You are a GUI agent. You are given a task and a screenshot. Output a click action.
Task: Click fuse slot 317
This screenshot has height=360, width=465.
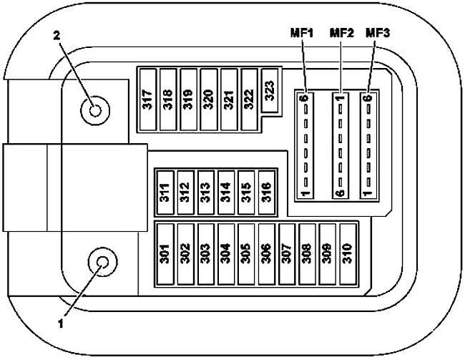pyautogui.click(x=147, y=99)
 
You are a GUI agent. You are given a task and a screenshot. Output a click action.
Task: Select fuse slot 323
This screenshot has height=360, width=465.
pyautogui.click(x=270, y=90)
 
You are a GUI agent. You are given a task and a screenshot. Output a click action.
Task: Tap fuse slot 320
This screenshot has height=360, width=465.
pyautogui.click(x=209, y=99)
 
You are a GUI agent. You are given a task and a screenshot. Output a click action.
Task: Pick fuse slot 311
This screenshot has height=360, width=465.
pyautogui.click(x=165, y=192)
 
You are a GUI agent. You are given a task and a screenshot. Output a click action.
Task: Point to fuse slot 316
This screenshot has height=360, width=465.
pyautogui.click(x=267, y=192)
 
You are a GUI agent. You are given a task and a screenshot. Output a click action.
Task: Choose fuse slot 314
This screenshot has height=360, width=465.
pyautogui.click(x=226, y=192)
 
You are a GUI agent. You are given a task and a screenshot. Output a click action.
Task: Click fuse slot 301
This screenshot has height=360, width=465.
pyautogui.click(x=165, y=254)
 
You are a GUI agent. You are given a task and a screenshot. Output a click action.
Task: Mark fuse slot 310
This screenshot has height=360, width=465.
pyautogui.click(x=348, y=254)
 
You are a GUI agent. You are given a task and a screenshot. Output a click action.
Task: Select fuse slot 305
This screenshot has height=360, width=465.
pyautogui.click(x=246, y=254)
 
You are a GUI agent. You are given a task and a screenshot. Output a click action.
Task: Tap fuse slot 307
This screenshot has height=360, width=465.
pyautogui.click(x=287, y=254)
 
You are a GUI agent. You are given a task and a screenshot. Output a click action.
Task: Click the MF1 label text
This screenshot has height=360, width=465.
pyautogui.click(x=302, y=33)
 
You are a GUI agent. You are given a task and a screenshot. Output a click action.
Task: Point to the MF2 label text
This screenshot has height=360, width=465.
pyautogui.click(x=342, y=33)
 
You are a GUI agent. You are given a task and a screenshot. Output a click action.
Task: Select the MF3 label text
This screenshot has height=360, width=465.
pyautogui.click(x=378, y=33)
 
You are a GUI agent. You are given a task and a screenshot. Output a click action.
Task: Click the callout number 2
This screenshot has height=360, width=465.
pyautogui.click(x=57, y=36)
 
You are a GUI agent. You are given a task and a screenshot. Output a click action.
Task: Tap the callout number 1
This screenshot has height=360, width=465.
pyautogui.click(x=61, y=323)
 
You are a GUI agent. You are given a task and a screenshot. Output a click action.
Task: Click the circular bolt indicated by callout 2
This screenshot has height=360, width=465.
pyautogui.click(x=95, y=110)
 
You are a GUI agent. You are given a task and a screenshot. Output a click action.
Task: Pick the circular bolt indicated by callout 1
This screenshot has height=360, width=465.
pyautogui.click(x=102, y=262)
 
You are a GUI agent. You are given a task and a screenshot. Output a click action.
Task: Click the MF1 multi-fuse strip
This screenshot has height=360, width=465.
pyautogui.click(x=305, y=145)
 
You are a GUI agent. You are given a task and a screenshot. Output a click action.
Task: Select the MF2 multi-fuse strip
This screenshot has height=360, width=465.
pyautogui.click(x=340, y=145)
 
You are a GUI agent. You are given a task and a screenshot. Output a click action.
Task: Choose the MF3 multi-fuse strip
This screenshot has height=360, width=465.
pyautogui.click(x=368, y=145)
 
